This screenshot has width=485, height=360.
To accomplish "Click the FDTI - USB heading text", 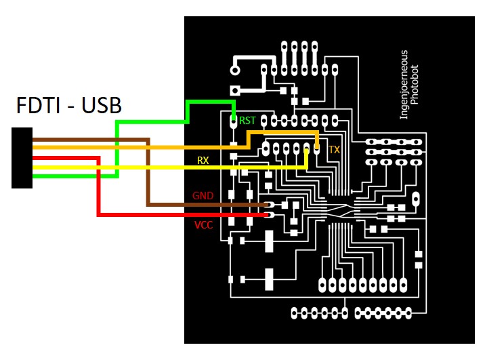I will point(68,106).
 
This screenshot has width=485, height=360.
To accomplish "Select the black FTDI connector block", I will point(22,158).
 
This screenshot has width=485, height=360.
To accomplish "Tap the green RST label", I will point(248,121).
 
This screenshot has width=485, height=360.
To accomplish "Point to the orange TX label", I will point(334,149).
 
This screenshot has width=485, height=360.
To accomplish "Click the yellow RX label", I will point(203,161).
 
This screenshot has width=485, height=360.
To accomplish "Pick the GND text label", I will point(203,196).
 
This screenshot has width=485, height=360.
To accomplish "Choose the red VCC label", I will point(203,224).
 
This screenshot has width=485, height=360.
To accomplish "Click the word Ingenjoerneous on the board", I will point(404,84).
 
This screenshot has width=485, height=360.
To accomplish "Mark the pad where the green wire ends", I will point(234,123).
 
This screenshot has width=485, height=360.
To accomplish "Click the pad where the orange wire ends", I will point(316,147).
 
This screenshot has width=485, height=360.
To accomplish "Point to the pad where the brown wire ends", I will point(270,204).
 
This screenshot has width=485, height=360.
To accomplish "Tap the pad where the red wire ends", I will point(270,215).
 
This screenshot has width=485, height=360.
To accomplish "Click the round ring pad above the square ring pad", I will point(235,70).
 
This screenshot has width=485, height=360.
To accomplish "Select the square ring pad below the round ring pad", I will point(236,89).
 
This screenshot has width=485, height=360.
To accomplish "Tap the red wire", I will point(99,190).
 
